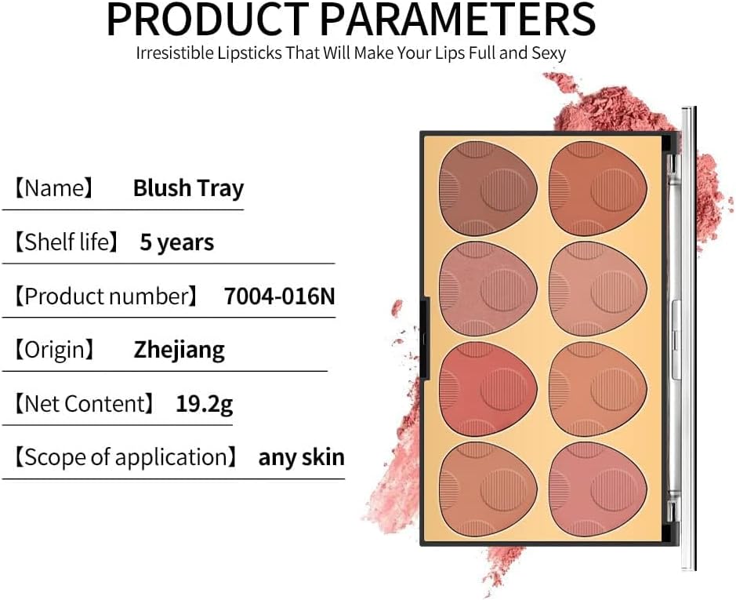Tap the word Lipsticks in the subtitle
coord(249,53)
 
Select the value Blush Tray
coord(189,188)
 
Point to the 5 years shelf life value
coord(177,242)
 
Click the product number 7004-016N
coord(280,296)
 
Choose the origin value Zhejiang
coord(179,351)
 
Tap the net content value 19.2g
coord(205,404)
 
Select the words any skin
coord(301,457)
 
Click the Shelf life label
coord(66,242)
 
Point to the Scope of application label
coord(125,457)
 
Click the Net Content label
coord(84,404)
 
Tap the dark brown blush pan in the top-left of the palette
coord(488,188)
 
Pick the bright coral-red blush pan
coord(488,389)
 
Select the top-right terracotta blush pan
coord(598,188)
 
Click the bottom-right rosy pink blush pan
coord(598,489)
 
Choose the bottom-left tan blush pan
coord(488,489)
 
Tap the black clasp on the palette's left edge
coord(425,338)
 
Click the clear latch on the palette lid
coord(676,340)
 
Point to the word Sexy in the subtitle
coord(549,53)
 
